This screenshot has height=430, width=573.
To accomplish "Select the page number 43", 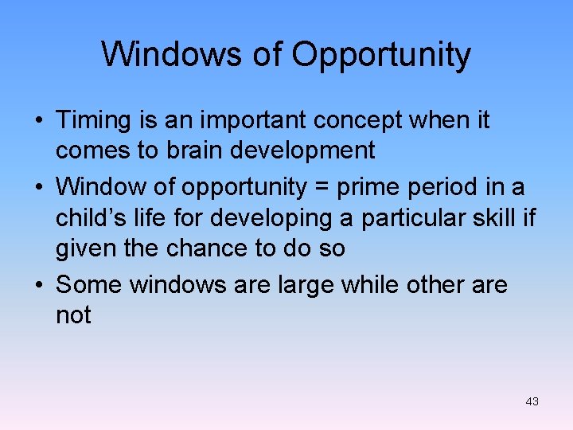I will click(532, 401).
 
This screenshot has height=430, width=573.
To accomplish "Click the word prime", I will click(364, 188).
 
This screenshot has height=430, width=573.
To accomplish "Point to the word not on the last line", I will click(73, 316).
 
